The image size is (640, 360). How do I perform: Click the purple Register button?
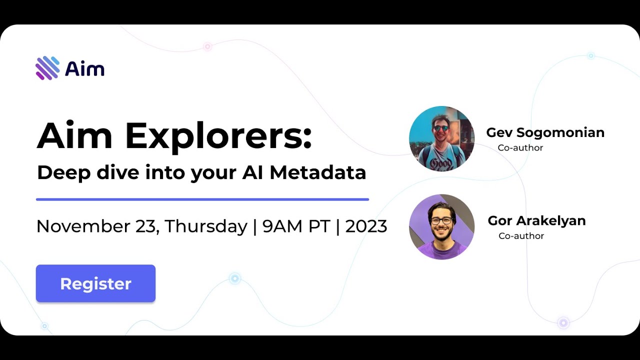[x=95, y=283]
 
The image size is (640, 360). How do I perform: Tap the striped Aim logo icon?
[x=47, y=68]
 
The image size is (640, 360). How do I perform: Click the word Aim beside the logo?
[x=84, y=68]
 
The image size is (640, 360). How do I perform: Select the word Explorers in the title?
[x=218, y=136]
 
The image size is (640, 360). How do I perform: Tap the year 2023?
[x=366, y=226]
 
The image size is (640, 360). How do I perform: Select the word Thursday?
[x=206, y=226]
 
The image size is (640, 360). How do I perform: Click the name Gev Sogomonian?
[x=545, y=132]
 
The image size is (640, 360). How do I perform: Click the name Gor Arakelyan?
[x=536, y=220]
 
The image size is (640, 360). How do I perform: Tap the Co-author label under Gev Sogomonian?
[x=520, y=147]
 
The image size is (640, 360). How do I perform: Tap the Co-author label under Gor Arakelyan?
[x=521, y=235]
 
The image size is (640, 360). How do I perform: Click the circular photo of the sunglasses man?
[x=441, y=138]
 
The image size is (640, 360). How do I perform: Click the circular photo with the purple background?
[x=441, y=226]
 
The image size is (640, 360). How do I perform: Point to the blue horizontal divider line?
[x=202, y=199]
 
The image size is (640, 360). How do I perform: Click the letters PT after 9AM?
[x=318, y=226]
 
